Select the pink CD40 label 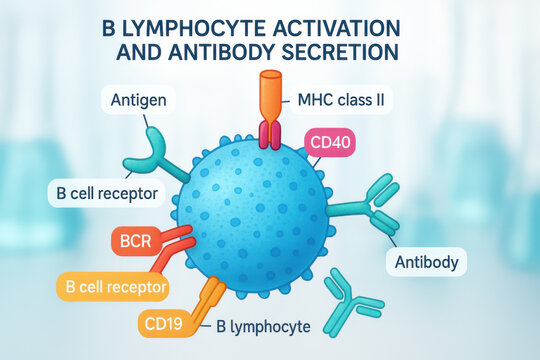click(x=330, y=142)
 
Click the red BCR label click(x=133, y=241)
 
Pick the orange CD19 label click(x=164, y=324)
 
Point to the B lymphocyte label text click(x=264, y=326)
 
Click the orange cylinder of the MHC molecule click(x=270, y=96)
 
